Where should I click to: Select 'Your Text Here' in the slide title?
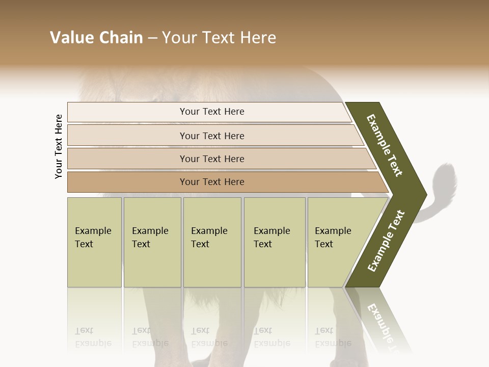(219, 38)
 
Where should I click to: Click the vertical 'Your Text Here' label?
(59, 146)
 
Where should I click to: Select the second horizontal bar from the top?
(212, 136)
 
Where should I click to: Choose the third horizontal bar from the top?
(212, 159)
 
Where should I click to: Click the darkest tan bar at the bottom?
(212, 182)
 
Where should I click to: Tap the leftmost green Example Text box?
(94, 242)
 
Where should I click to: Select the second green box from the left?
(152, 242)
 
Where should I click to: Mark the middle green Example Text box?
(212, 242)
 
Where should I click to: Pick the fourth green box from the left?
(275, 242)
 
